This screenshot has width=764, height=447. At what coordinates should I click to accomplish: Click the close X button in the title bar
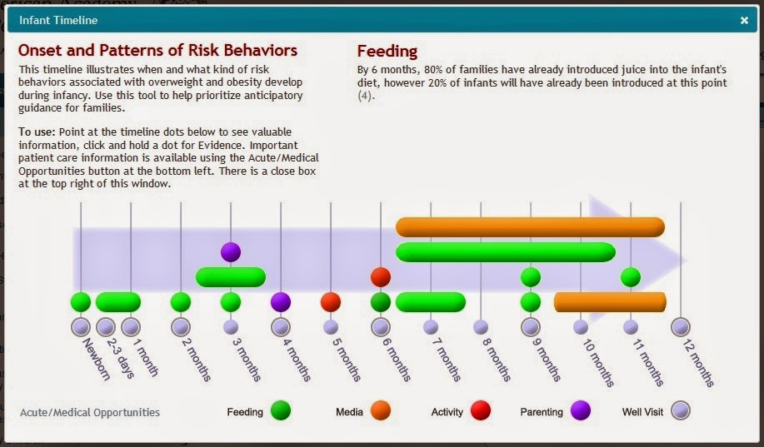(744, 20)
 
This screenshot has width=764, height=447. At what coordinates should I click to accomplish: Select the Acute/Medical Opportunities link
(90, 412)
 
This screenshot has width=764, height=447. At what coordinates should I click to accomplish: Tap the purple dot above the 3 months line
(231, 251)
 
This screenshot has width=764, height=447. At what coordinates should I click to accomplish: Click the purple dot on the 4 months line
(281, 301)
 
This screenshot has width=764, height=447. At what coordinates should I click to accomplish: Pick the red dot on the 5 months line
(331, 301)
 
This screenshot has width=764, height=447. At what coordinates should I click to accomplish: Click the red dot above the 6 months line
(381, 276)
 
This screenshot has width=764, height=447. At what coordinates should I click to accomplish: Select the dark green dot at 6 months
(381, 301)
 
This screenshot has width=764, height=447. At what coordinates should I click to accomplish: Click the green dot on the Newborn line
(81, 301)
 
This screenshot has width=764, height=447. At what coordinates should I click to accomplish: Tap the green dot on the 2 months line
(181, 301)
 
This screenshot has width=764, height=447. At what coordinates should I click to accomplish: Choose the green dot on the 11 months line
(631, 276)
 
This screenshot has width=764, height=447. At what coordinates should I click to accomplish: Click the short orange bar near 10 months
(610, 301)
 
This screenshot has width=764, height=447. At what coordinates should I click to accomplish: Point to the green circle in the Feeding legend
(281, 410)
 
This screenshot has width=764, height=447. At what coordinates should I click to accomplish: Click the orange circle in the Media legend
(381, 410)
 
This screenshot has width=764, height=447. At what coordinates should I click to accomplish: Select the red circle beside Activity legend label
(481, 410)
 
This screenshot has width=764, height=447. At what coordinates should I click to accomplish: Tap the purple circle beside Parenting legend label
(581, 410)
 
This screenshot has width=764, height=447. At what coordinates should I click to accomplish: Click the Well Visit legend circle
(681, 410)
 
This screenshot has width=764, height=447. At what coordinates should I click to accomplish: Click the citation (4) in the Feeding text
(365, 96)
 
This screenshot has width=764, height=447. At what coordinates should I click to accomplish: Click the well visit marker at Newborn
(81, 326)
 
